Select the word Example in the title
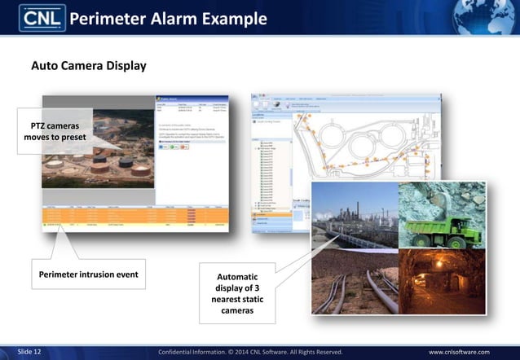pyautogui.click(x=237, y=19)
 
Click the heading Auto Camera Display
pyautogui.click(x=88, y=65)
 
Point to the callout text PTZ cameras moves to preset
pyautogui.click(x=55, y=132)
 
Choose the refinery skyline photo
pyautogui.click(x=355, y=216)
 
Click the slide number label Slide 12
pyautogui.click(x=29, y=351)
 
